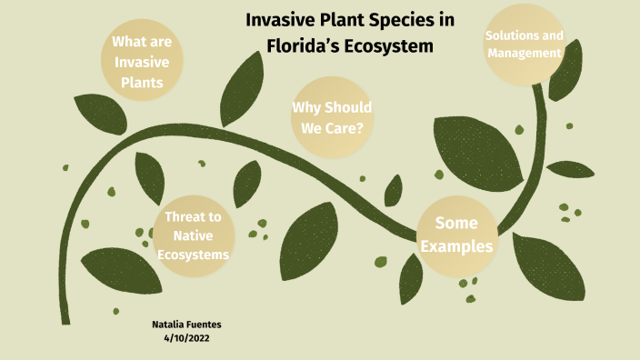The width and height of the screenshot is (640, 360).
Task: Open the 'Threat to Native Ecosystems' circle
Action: (192, 235)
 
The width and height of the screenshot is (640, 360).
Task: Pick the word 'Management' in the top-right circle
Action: (523, 53)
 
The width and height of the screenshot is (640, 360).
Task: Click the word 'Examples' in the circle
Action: (464, 246)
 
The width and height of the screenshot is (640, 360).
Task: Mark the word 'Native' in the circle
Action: (193, 235)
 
